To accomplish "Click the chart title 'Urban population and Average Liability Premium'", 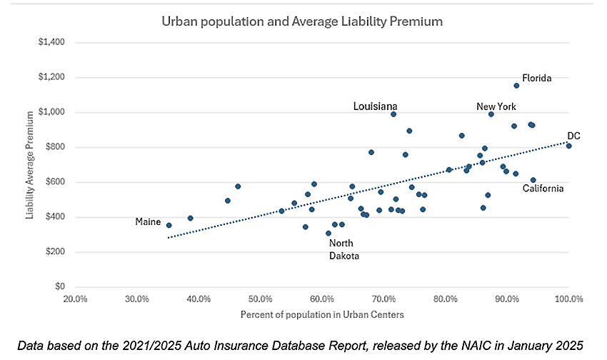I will coord(302,21).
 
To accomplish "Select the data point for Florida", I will coord(516,86).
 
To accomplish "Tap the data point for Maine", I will coord(169,225).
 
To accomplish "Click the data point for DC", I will coord(569,146).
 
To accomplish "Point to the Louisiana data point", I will coord(393,114).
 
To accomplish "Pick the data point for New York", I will coord(491,114).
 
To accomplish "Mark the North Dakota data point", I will coord(328,233).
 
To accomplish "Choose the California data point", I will coord(533,180).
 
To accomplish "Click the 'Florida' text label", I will coord(536,78).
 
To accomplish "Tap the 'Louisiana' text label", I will coord(375,106).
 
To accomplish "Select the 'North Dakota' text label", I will coord(344,249).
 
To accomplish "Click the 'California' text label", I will coord(543,189).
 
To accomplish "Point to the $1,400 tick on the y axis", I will coord(51,42).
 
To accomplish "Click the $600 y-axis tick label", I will coord(54,182).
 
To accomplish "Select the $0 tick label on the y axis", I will coord(59,287).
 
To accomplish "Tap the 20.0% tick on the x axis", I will coord(75,299).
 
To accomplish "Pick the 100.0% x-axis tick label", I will coord(568,299).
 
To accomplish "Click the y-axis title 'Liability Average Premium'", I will coord(31,164).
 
